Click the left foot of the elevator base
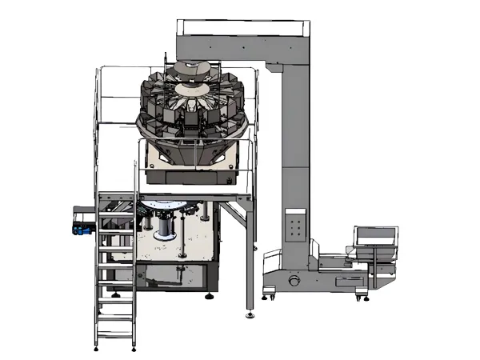267,299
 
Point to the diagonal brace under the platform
234,216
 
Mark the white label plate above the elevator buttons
294,214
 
